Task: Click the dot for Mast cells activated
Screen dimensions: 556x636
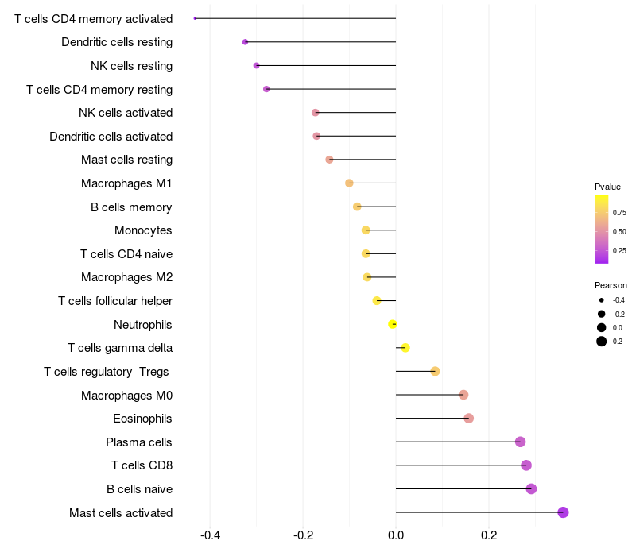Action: pyautogui.click(x=563, y=512)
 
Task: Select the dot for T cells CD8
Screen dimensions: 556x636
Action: pyautogui.click(x=525, y=465)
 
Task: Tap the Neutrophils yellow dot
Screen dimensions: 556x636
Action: pyautogui.click(x=392, y=324)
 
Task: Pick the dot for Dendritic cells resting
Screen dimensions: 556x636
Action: pyautogui.click(x=245, y=42)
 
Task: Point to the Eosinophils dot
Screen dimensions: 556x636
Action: pyautogui.click(x=468, y=419)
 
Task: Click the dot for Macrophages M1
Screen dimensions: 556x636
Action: pyautogui.click(x=349, y=183)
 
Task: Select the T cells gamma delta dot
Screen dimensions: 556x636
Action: pyautogui.click(x=405, y=348)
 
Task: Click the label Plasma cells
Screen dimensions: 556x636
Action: pyautogui.click(x=139, y=442)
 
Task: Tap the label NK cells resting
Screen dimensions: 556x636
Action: pyautogui.click(x=131, y=65)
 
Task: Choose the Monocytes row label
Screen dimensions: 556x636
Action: pyautogui.click(x=143, y=230)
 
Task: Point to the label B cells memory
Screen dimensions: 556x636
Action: pyautogui.click(x=131, y=207)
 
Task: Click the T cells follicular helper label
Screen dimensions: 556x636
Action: pyautogui.click(x=115, y=301)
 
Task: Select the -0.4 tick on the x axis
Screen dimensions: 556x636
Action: pyautogui.click(x=210, y=535)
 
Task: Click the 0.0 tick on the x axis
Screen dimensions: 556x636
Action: pyautogui.click(x=396, y=535)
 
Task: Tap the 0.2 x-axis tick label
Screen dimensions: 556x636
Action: pyautogui.click(x=489, y=535)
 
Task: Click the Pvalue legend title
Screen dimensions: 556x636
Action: pyautogui.click(x=607, y=187)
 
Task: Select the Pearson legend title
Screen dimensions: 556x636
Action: pyautogui.click(x=611, y=285)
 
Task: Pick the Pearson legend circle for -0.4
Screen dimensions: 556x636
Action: pyautogui.click(x=602, y=300)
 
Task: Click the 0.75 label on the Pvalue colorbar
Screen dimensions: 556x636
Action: pyautogui.click(x=619, y=213)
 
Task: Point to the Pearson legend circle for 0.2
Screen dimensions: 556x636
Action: pyautogui.click(x=602, y=342)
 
